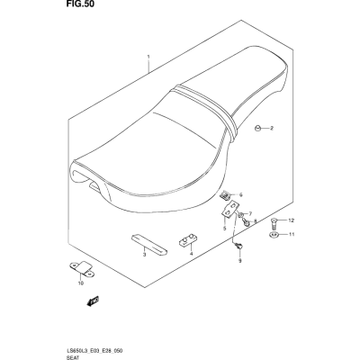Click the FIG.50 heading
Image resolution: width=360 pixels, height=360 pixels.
point(77,4)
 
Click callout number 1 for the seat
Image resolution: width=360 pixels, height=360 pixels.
point(148,57)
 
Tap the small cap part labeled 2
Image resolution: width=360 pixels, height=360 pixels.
point(257,129)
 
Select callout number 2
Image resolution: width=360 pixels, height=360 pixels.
point(272,129)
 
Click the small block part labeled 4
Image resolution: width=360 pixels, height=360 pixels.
point(186,240)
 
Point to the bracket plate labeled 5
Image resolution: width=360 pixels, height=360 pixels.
point(230,210)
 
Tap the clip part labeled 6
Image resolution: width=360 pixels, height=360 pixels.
point(226,196)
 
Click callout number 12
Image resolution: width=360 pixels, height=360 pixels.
point(292,220)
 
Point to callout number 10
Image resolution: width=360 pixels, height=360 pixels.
point(81,283)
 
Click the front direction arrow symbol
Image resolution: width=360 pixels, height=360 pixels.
point(93,301)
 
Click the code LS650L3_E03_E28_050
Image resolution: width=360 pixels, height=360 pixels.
point(90,351)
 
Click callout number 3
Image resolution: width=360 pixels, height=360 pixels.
point(144,255)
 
